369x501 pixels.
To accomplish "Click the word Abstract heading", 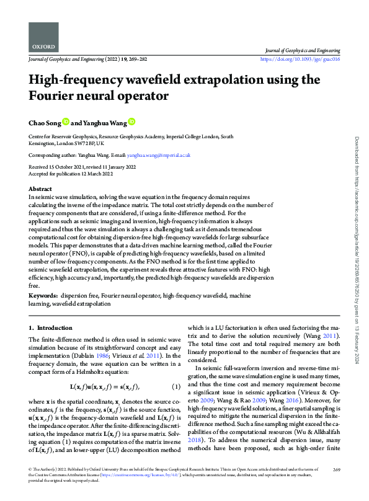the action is coord(41,188).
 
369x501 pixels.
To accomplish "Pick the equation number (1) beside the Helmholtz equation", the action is coord(176,388).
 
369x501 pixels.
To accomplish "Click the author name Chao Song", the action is coord(45,122).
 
